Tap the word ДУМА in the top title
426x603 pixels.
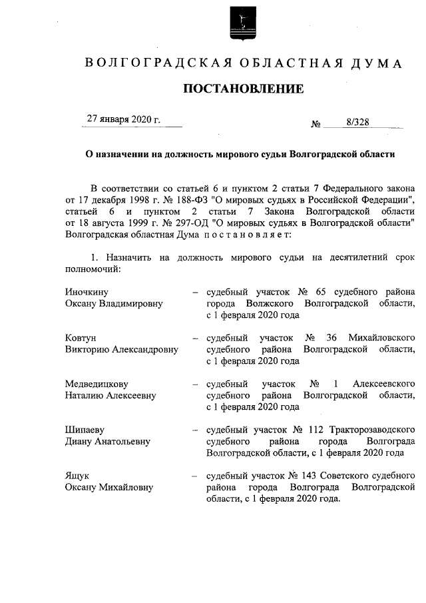coord(378,64)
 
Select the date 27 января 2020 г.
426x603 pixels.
coord(124,119)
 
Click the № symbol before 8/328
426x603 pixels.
coord(316,123)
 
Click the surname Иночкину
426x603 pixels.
coord(87,292)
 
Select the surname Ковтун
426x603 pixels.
coord(81,338)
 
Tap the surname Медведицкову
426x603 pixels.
coord(97,384)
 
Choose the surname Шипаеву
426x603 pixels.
coord(85,430)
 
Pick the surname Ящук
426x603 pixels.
coord(77,476)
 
